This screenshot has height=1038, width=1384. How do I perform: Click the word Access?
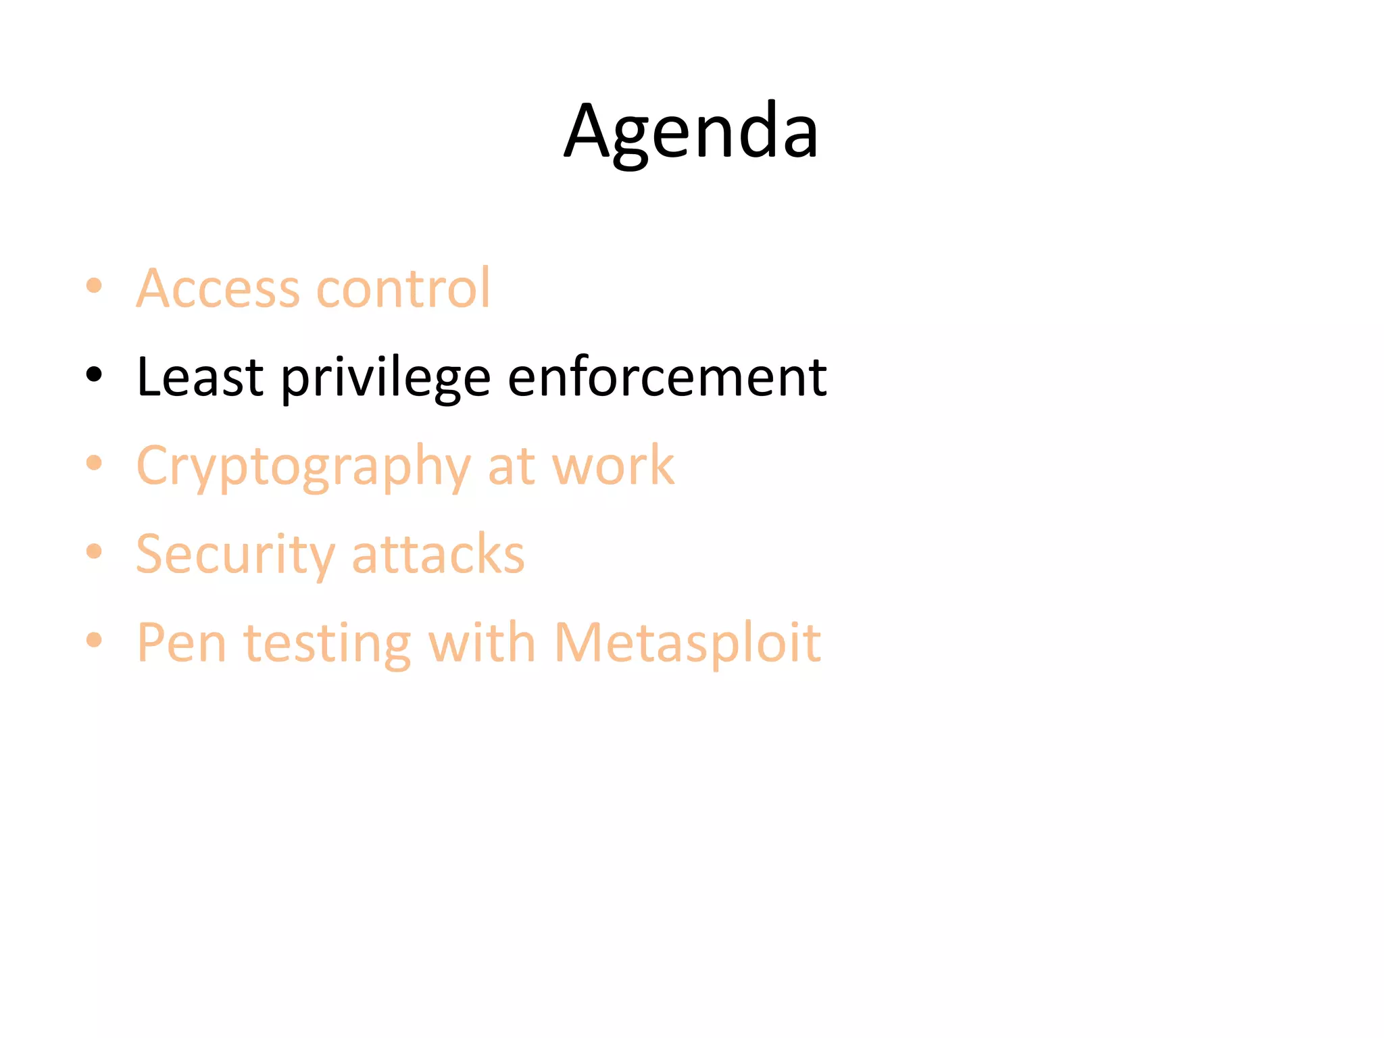coord(218,288)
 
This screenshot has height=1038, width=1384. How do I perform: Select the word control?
coord(403,288)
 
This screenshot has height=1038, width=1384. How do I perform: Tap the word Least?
coord(199,376)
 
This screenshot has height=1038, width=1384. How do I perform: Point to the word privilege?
coord(386,378)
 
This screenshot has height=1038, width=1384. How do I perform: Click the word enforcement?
coord(667,376)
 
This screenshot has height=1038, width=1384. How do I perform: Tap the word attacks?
coord(438,554)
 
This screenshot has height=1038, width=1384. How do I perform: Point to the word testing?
coord(327,644)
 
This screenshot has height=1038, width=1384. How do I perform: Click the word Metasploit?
coord(687,643)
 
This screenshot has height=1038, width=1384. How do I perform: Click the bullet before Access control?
coord(94,285)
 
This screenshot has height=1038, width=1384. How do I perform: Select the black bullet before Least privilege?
coord(94,374)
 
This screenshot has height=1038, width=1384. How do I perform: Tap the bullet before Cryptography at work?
coord(94,463)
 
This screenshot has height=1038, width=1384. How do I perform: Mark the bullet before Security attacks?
coord(94,551)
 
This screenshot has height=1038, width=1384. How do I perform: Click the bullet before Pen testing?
coord(94,639)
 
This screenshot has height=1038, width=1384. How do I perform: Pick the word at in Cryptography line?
coord(510,466)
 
